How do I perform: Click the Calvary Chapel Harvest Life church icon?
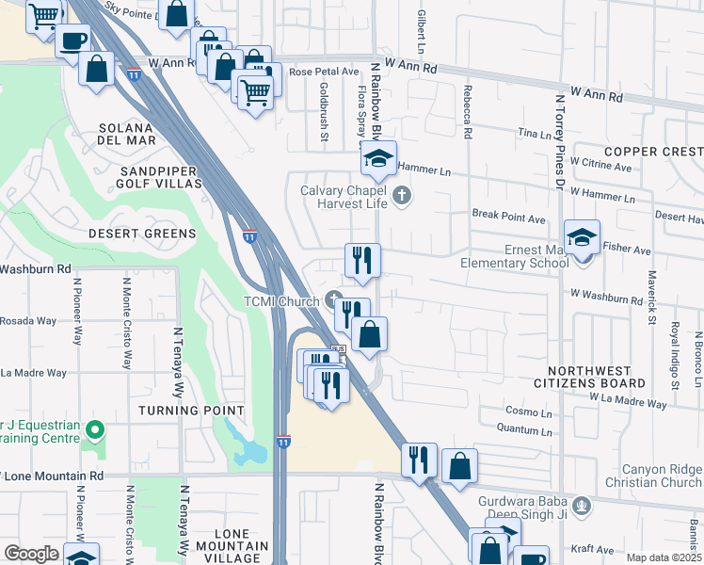pyautogui.click(x=402, y=197)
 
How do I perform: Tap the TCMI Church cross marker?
pyautogui.click(x=332, y=300)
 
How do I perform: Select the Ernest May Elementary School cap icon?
pyautogui.click(x=582, y=235)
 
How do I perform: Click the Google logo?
pyautogui.click(x=32, y=554)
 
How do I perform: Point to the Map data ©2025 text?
pyautogui.click(x=664, y=557)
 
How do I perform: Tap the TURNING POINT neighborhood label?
pyautogui.click(x=191, y=411)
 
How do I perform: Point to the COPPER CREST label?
pyautogui.click(x=653, y=152)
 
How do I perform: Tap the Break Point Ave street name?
pyautogui.click(x=509, y=218)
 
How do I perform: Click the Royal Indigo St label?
pyautogui.click(x=675, y=348)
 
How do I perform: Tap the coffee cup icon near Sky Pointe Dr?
pyautogui.click(x=73, y=40)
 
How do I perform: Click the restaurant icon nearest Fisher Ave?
pyautogui.click(x=362, y=259)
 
